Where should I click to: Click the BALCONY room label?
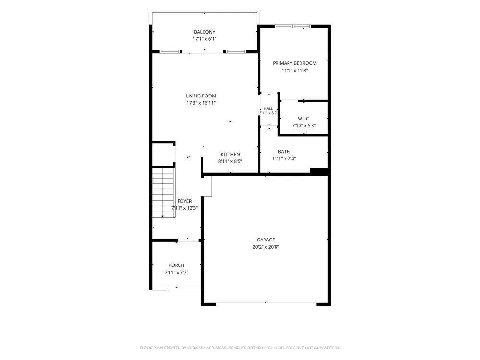click(x=204, y=32)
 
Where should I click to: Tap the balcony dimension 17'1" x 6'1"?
click(x=204, y=39)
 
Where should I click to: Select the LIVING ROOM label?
click(x=201, y=96)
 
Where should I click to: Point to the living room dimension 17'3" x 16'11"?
click(x=201, y=103)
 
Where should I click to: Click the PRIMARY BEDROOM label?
click(x=295, y=63)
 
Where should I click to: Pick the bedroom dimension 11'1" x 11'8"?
click(x=295, y=71)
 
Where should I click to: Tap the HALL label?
click(x=268, y=108)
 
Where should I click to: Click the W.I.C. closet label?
click(x=304, y=119)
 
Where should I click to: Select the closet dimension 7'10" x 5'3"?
click(x=304, y=125)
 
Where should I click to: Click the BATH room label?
click(x=284, y=152)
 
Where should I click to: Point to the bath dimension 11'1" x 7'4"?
click(x=284, y=158)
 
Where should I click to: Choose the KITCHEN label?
click(x=230, y=154)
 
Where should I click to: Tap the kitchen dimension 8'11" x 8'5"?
click(x=230, y=161)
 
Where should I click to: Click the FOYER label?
click(x=185, y=201)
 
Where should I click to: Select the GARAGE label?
click(x=266, y=240)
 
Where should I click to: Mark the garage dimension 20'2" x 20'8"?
click(x=266, y=247)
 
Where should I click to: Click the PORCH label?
click(x=176, y=265)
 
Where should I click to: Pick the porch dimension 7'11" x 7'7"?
click(x=176, y=273)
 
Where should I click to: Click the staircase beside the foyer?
click(x=164, y=192)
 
